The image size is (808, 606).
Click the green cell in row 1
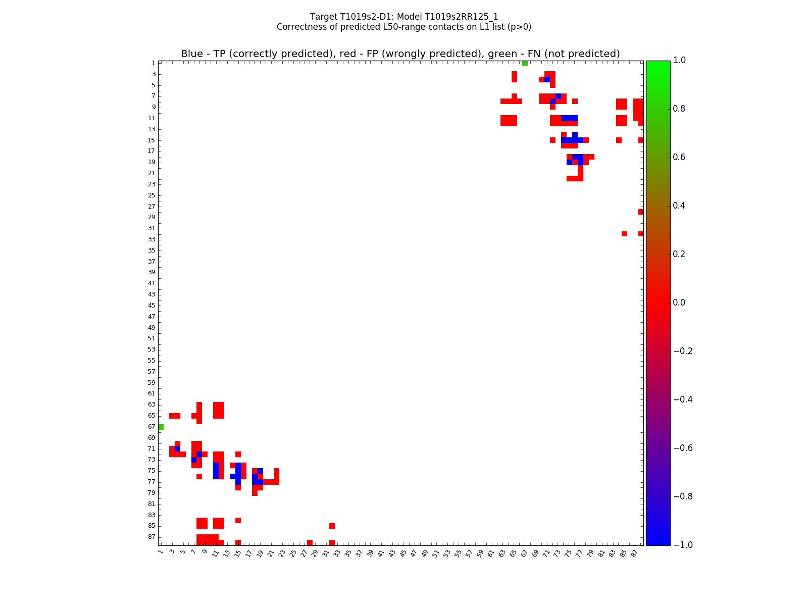tap(525, 63)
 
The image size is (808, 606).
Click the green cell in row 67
tap(161, 427)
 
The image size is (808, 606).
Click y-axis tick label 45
tap(151, 306)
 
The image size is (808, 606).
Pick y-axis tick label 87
tap(151, 537)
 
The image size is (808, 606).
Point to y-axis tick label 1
tap(153, 63)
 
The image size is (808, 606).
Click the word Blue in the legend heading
tap(191, 54)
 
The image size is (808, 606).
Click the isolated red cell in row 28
tap(640, 212)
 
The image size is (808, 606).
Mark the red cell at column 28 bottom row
tap(310, 542)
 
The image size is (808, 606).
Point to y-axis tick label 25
tap(151, 195)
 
